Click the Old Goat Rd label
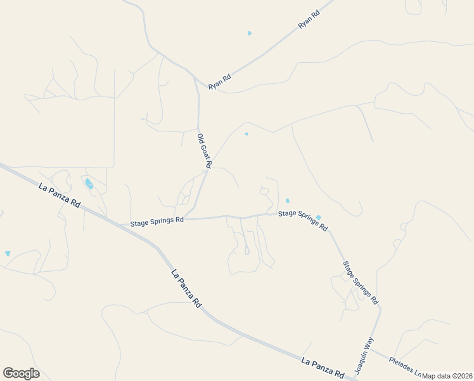pyautogui.click(x=204, y=150)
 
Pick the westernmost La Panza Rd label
pyautogui.click(x=60, y=196)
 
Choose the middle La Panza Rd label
pyautogui.click(x=186, y=289)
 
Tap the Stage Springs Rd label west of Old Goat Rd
pyautogui.click(x=157, y=223)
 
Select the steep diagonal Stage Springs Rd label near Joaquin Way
pyautogui.click(x=360, y=282)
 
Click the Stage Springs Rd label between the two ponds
pyautogui.click(x=303, y=220)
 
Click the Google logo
pyautogui.click(x=21, y=373)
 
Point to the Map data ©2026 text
pyautogui.click(x=447, y=376)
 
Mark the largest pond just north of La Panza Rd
pyautogui.click(x=89, y=184)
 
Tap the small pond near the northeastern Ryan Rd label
pyautogui.click(x=250, y=33)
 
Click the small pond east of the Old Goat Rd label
pyautogui.click(x=247, y=134)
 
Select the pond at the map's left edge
pyautogui.click(x=8, y=253)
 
